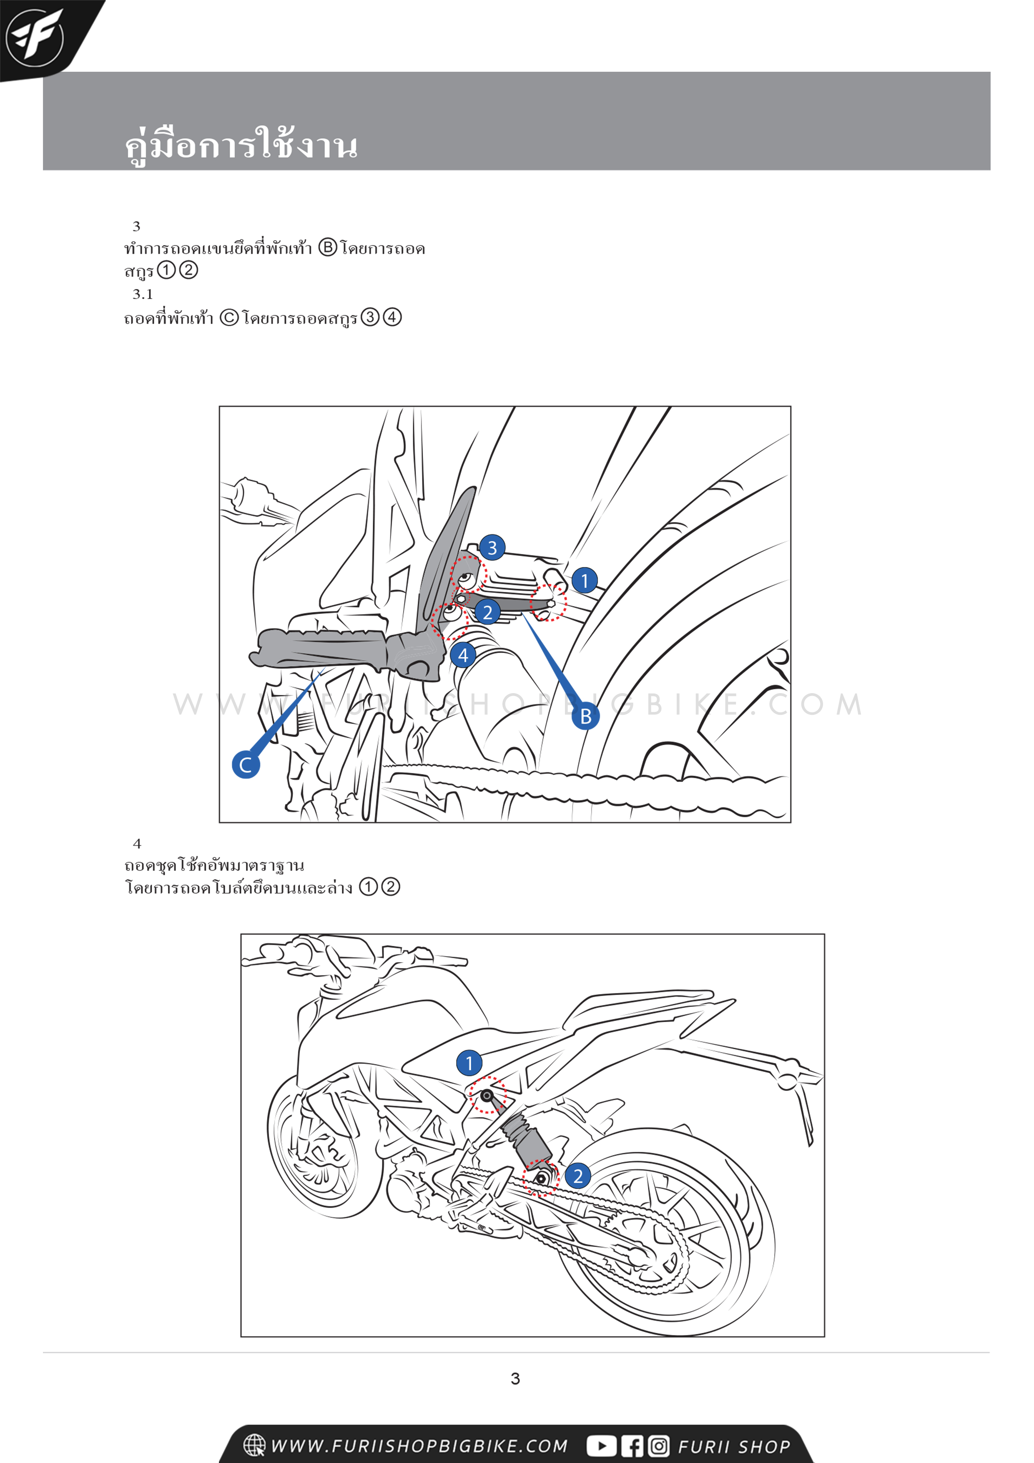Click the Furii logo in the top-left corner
point(35,38)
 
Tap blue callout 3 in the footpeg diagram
point(492,547)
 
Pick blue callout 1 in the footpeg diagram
point(584,581)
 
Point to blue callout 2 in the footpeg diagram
point(487,612)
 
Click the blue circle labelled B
point(585,716)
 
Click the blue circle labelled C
point(245,764)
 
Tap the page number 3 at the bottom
point(515,1379)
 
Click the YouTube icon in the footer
point(601,1446)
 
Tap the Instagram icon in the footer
point(659,1446)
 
